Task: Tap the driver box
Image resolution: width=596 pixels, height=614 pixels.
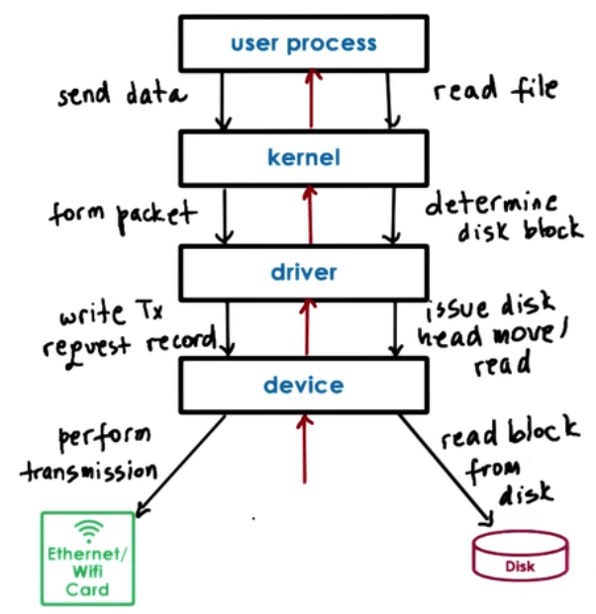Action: [x=304, y=271]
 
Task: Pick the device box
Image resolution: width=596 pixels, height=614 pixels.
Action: [x=304, y=385]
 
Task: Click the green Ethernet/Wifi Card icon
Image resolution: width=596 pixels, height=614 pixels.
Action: [x=87, y=558]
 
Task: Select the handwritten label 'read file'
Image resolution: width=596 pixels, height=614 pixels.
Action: [x=495, y=90]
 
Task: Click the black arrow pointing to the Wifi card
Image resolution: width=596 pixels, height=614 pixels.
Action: [x=182, y=465]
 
